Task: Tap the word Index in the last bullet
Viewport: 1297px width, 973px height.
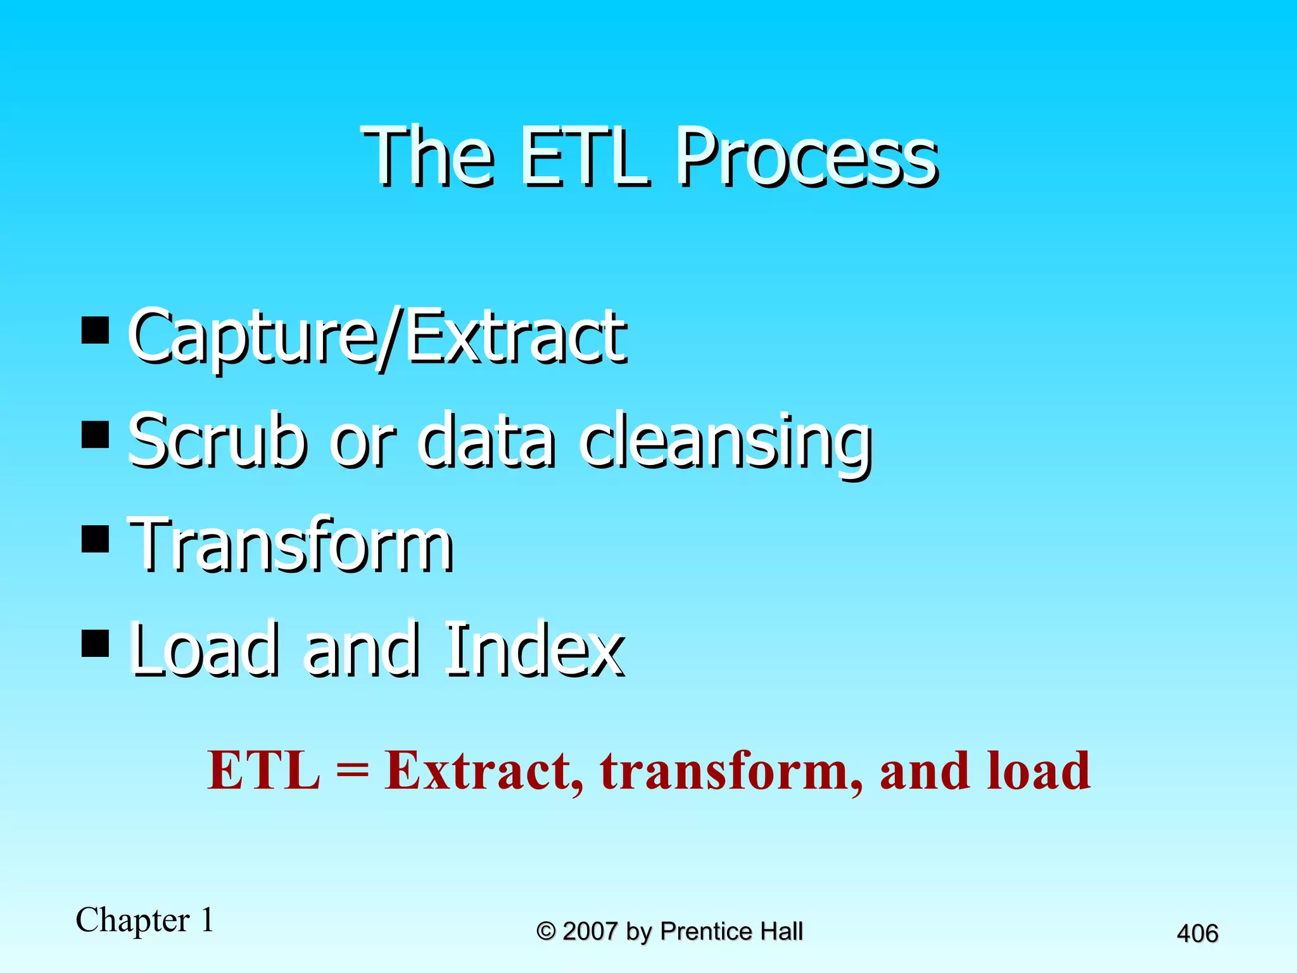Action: tap(533, 649)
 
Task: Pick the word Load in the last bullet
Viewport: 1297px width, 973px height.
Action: tap(204, 649)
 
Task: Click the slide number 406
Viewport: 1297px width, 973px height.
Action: tap(1197, 934)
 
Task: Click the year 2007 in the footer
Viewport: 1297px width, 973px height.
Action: tap(590, 931)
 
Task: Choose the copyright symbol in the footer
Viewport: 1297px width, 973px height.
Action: tap(546, 931)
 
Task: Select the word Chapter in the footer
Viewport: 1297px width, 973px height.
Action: tap(132, 920)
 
